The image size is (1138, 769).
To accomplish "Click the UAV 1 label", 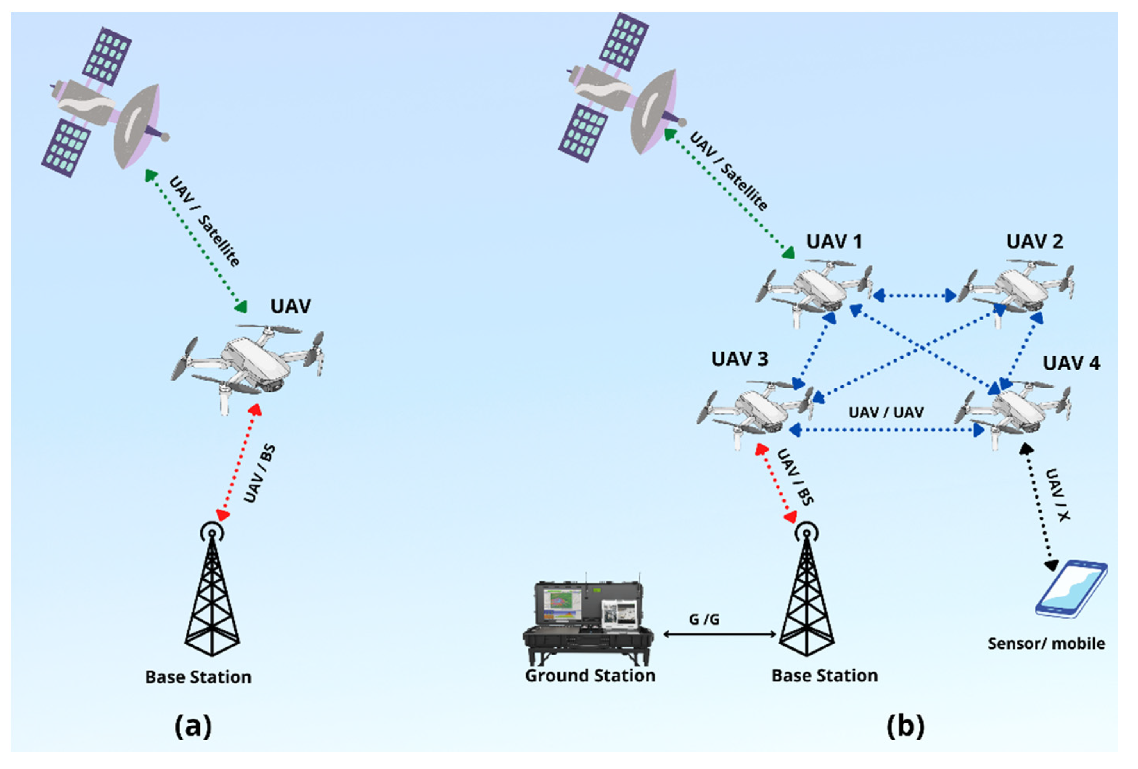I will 834,242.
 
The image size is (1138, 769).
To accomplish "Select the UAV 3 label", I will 739,359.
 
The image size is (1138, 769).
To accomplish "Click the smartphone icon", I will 1070,589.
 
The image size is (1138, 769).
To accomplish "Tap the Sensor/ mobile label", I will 1046,643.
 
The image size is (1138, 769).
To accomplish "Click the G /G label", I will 704,620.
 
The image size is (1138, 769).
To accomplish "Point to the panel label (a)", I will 193,726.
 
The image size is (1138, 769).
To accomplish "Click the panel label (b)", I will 905,726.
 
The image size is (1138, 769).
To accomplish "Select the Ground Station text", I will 590,676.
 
